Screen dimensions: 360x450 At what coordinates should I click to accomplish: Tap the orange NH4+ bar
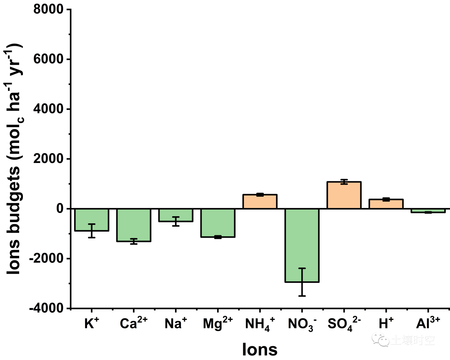tap(260, 201)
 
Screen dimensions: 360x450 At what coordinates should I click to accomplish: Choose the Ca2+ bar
tap(134, 225)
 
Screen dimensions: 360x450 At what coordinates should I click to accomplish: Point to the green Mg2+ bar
tap(217, 223)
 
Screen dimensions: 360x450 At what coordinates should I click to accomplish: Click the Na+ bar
tap(175, 215)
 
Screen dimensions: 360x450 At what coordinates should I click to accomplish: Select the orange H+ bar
tap(386, 204)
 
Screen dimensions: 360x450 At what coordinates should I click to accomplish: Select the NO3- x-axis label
tap(302, 324)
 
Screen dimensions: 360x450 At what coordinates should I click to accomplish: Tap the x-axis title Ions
tap(260, 349)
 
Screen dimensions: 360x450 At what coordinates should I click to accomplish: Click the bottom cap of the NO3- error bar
tap(302, 296)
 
